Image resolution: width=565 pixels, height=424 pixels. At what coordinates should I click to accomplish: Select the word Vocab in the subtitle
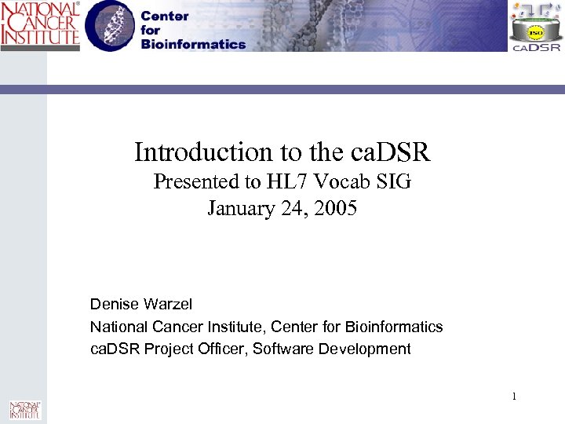click(349, 182)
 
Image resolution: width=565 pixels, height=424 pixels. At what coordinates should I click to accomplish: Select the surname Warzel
click(165, 304)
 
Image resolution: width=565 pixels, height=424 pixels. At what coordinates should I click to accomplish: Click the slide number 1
click(514, 397)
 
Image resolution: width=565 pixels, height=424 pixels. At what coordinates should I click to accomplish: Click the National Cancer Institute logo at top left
click(39, 25)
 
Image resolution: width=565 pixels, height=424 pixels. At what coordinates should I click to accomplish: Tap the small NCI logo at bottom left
click(24, 409)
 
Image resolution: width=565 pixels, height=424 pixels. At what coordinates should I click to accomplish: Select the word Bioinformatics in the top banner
click(193, 44)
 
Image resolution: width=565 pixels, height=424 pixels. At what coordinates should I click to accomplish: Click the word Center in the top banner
click(165, 16)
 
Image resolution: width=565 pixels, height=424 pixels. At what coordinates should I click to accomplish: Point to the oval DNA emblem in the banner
click(111, 27)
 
